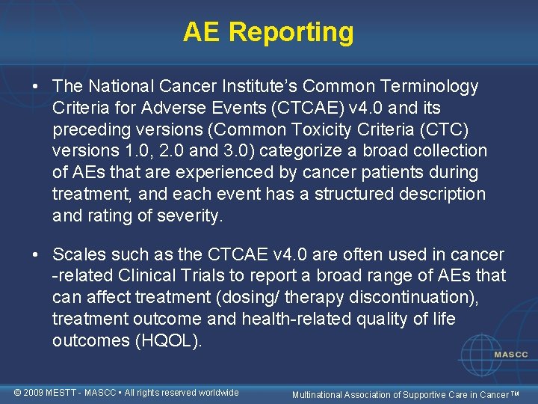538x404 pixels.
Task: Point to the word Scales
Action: point(78,254)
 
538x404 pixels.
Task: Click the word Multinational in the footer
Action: point(319,394)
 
